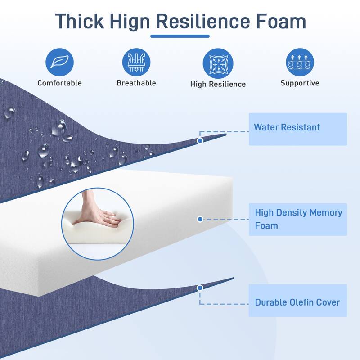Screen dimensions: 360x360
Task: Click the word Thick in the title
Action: coord(80,21)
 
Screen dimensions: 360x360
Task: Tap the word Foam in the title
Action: coord(281,21)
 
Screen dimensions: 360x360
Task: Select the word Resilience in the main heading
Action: coord(203,21)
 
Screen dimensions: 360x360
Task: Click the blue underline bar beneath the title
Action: coord(180,36)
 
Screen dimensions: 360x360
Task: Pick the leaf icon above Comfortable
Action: coord(59,62)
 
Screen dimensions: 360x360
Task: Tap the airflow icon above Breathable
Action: coord(136,62)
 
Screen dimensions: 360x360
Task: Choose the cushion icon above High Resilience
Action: coord(218,63)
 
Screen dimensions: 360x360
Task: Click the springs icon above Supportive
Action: coord(300,62)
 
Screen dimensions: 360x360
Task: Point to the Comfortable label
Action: coord(59,83)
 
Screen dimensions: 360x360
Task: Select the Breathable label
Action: coord(136,83)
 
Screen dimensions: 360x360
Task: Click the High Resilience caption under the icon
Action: coord(218,84)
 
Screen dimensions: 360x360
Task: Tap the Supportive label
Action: coord(300,83)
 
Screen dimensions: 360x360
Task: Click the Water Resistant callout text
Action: coord(287,127)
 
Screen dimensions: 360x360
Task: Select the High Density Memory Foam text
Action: coord(298,219)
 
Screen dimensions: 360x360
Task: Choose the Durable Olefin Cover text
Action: coord(297,302)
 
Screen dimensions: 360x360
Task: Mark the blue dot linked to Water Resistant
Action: coord(200,140)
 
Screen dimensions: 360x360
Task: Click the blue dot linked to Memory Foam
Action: coord(200,219)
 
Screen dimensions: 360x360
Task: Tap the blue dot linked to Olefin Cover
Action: coord(200,288)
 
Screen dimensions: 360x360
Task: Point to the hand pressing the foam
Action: coord(99,211)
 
